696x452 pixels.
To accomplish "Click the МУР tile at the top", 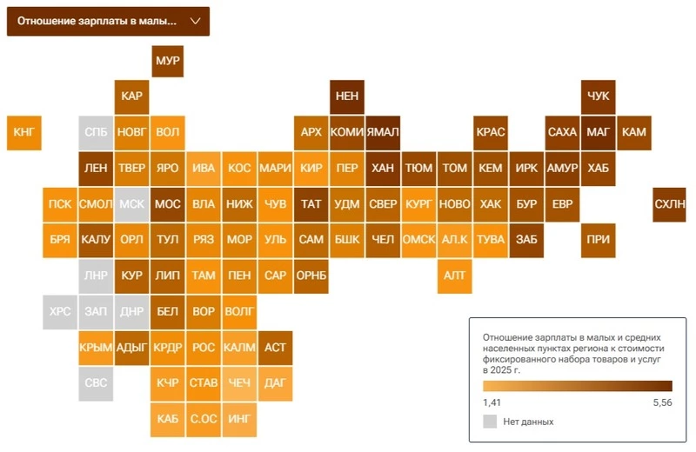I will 167,62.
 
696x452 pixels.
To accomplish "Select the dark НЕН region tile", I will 347,96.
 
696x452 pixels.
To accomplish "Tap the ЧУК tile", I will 599,96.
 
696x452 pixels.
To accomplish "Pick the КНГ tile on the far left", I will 23,132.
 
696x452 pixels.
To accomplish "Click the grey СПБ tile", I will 96,132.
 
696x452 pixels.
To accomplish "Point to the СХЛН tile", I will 670,204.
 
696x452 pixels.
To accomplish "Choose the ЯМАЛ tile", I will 383,132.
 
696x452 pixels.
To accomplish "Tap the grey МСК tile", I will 131,204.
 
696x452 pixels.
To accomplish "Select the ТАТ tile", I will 311,204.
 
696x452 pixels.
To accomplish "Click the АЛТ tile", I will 455,276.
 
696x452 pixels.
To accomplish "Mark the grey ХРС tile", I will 60,311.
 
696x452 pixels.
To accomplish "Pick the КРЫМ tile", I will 96,347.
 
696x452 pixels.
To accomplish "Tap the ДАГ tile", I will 275,382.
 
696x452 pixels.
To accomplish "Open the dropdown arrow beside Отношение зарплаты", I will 195,20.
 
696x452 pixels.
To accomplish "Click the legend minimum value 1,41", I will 492,402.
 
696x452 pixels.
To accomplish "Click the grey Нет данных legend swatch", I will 490,422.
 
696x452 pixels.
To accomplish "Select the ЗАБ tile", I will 526,240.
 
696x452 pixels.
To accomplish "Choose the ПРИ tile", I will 599,240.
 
